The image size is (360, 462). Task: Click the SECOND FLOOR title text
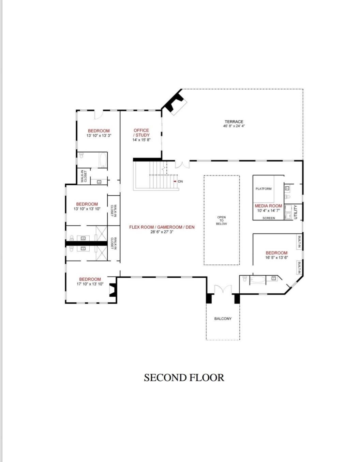point(184,378)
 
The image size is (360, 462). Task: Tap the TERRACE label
point(234,122)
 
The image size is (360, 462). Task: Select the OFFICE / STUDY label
point(141,133)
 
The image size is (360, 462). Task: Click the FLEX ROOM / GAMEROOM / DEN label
point(162,227)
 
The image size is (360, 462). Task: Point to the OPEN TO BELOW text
point(221,220)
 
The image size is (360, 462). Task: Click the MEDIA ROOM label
point(268,206)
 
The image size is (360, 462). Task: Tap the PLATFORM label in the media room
point(264,189)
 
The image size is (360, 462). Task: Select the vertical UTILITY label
point(296,212)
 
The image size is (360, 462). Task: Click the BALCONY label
point(223,319)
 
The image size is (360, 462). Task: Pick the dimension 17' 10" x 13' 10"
point(90,284)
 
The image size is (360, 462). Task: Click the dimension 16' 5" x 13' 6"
point(276,258)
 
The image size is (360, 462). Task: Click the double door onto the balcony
point(223,290)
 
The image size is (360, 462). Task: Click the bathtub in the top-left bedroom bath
point(102,159)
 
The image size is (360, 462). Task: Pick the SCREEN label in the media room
point(269,218)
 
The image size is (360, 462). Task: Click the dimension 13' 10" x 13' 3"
point(99,135)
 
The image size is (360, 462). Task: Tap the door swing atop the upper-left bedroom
point(99,114)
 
